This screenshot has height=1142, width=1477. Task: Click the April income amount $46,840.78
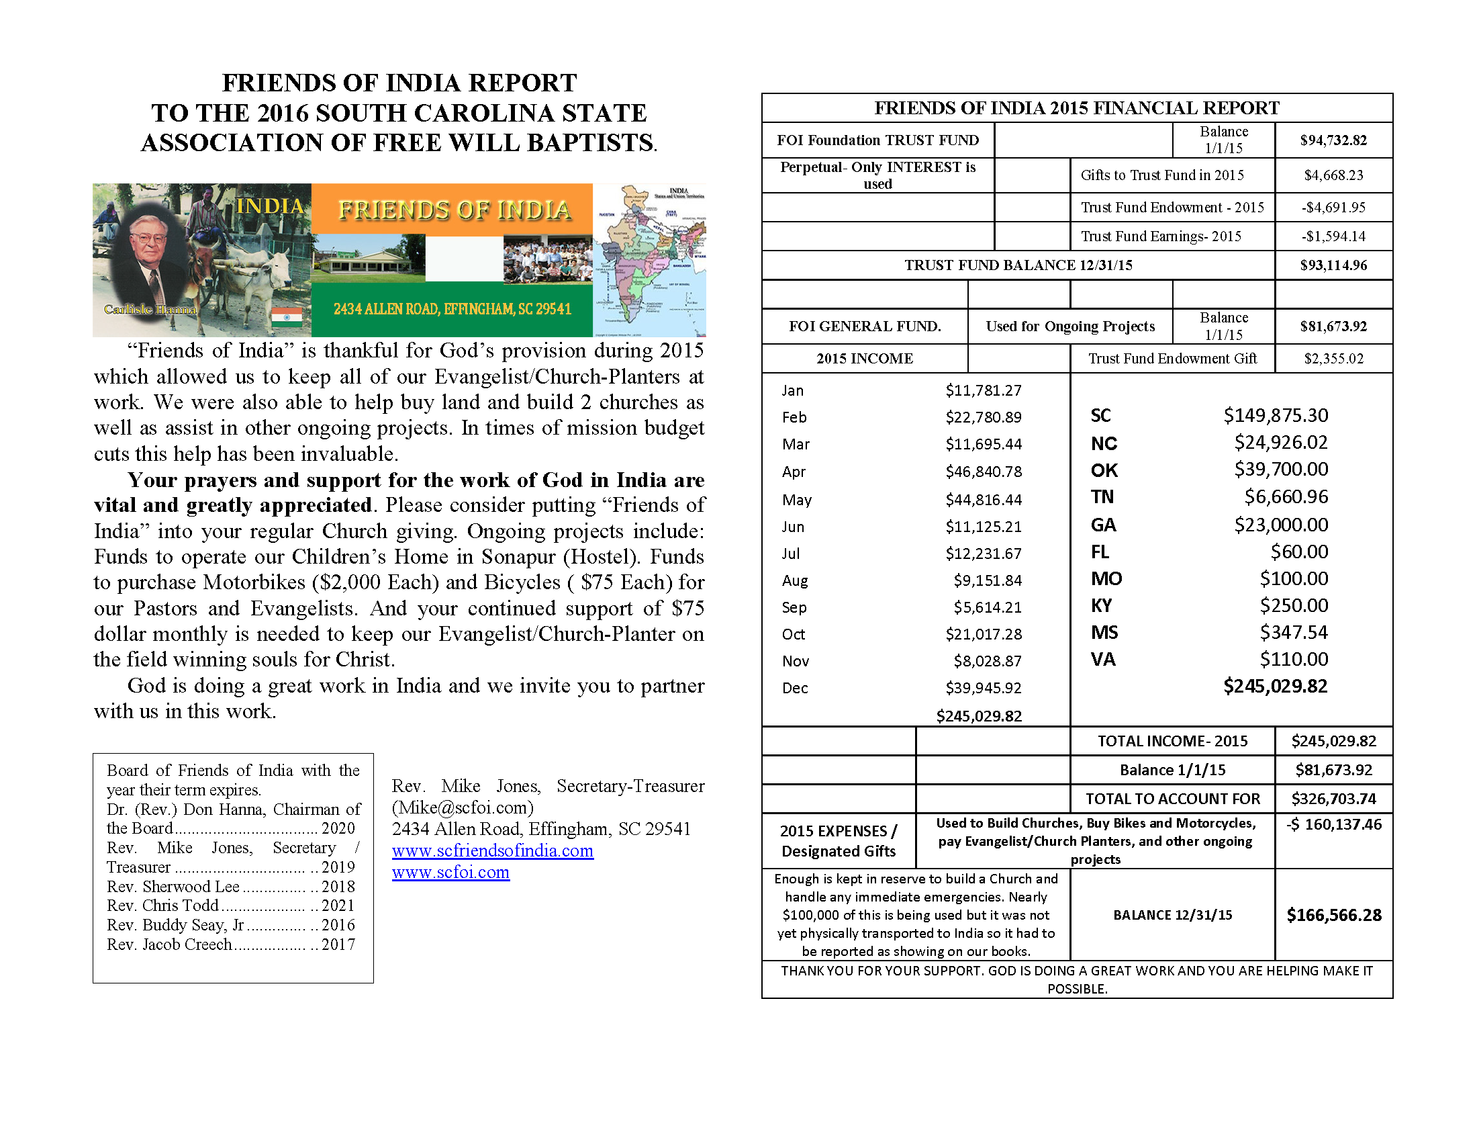point(984,472)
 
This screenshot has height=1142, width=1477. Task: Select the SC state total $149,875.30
point(1275,415)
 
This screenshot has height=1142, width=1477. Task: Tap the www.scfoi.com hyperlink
point(450,873)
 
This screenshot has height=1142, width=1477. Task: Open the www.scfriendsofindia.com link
point(492,851)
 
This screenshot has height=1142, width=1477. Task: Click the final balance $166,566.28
point(1333,916)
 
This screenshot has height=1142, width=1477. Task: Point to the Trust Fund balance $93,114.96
point(1333,265)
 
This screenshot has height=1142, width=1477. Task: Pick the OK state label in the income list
point(1104,470)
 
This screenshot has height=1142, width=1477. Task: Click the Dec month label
point(795,688)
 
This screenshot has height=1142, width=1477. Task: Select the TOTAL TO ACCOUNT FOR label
point(1173,799)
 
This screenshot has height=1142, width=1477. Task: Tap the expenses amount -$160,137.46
point(1333,825)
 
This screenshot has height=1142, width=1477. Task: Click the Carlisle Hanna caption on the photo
point(150,309)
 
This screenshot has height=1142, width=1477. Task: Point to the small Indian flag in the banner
point(287,316)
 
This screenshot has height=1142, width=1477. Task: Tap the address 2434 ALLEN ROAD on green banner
point(452,309)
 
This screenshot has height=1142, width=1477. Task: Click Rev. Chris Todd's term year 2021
point(338,906)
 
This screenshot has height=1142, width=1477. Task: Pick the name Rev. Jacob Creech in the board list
point(169,945)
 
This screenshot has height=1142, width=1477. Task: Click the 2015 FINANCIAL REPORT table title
point(1077,108)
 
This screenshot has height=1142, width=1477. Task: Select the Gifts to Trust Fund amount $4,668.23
point(1333,175)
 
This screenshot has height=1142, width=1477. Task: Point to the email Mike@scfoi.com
point(463,807)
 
